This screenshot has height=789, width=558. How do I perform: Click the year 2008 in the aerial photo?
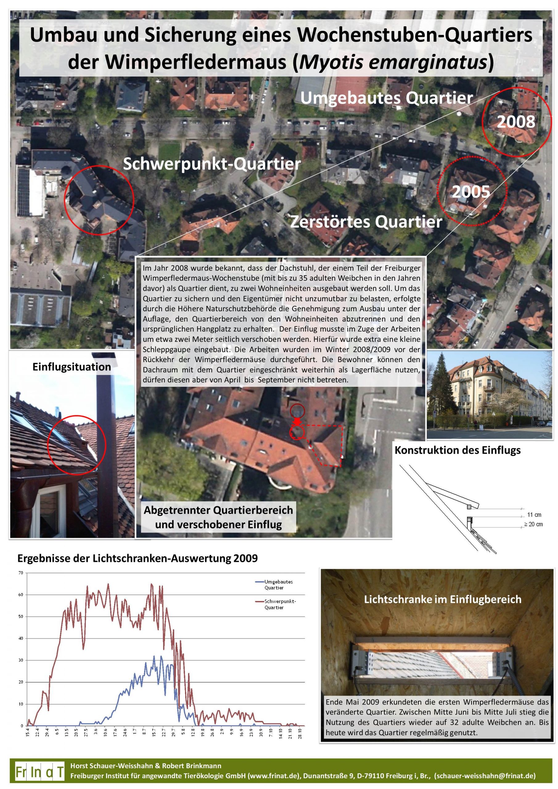[516, 122]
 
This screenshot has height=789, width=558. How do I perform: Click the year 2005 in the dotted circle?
[471, 192]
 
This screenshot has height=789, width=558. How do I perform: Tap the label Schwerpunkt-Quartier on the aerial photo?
[212, 164]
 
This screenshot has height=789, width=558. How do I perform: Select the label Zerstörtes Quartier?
[366, 222]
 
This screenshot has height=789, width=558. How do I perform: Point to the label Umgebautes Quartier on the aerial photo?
[387, 98]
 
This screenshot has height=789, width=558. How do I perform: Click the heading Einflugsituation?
[72, 367]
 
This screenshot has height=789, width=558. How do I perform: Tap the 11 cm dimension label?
[534, 515]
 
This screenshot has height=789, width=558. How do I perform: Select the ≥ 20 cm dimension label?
[533, 524]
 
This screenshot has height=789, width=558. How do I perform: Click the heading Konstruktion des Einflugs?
[457, 450]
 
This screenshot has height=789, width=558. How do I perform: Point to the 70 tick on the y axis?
[21, 573]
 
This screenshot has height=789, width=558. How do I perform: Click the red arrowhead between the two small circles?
[297, 422]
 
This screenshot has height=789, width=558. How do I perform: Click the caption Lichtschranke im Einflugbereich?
[442, 599]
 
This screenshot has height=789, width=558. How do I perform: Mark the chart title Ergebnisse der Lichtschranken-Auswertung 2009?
[137, 558]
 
